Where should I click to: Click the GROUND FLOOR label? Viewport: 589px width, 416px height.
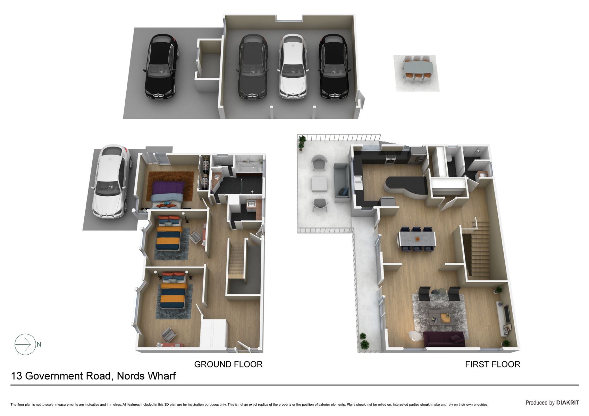pos(228,364)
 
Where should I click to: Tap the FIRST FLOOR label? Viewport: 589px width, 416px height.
pos(492,364)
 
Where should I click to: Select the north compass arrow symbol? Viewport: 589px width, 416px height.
pos(25,344)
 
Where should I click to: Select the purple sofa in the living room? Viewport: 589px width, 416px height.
pos(444,339)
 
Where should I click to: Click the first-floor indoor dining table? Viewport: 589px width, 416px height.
pos(417,239)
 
